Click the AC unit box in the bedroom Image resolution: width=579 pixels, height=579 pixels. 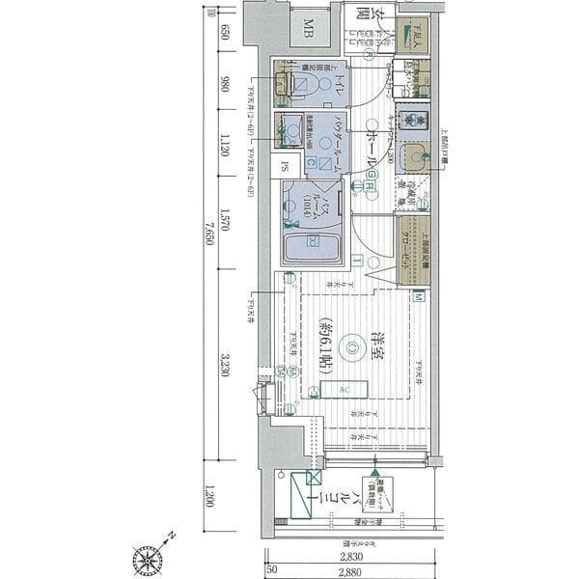pyautogui.click(x=343, y=390)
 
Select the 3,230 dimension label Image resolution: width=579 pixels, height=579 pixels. pyautogui.click(x=224, y=369)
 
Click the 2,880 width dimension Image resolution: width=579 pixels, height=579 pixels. pyautogui.click(x=350, y=572)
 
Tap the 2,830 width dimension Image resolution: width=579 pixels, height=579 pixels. pyautogui.click(x=350, y=558)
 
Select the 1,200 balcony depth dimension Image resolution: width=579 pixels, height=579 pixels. pyautogui.click(x=224, y=503)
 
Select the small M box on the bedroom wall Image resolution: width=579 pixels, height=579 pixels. pyautogui.click(x=418, y=298)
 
